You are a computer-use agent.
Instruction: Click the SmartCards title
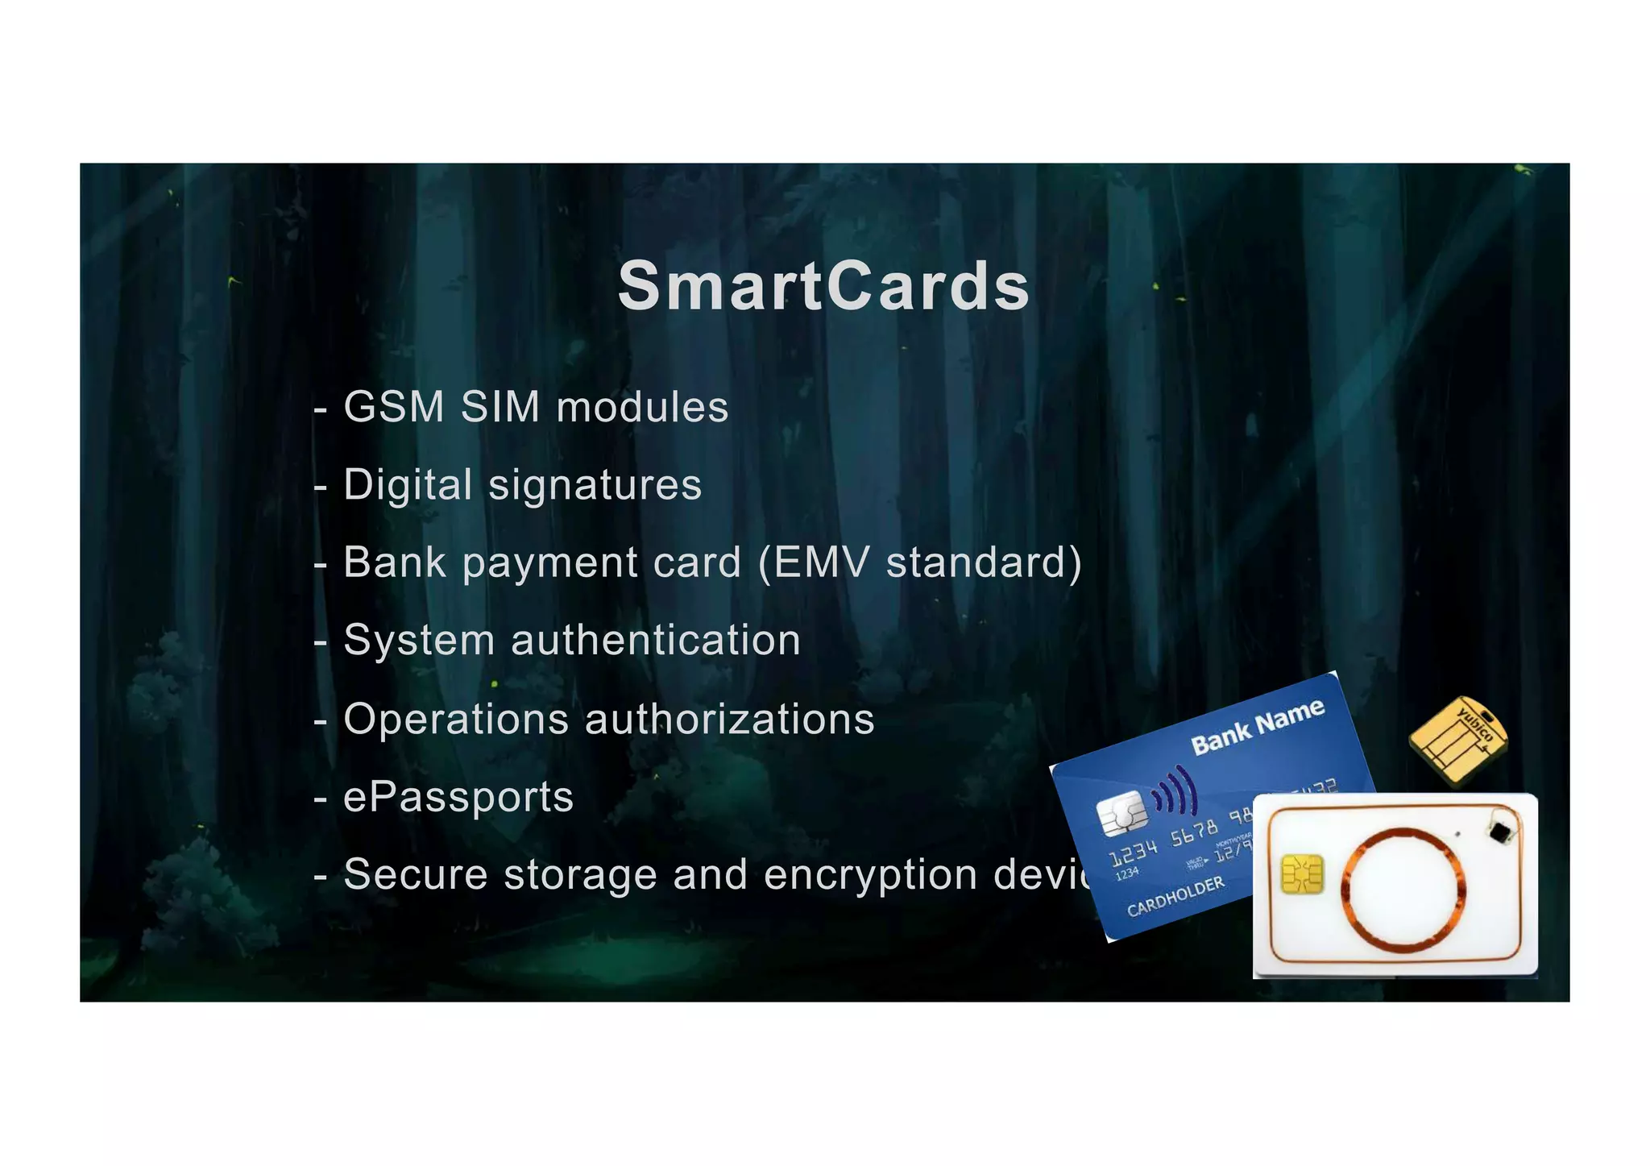[x=823, y=286]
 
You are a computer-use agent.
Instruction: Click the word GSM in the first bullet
[x=393, y=406]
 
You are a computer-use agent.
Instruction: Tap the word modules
[x=642, y=406]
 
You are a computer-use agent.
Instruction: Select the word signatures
[x=595, y=485]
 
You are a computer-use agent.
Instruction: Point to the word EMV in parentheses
[x=821, y=562]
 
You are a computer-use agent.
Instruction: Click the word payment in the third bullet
[x=550, y=563]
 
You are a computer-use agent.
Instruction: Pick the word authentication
[x=655, y=640]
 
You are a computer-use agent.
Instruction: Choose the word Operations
[x=456, y=719]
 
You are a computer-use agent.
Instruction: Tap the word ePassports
[x=458, y=797]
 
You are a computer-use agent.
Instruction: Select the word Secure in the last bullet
[x=416, y=874]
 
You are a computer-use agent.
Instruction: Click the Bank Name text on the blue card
[x=1257, y=727]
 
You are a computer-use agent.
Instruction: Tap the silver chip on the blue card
[x=1122, y=813]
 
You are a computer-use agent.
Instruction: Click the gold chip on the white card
[x=1302, y=875]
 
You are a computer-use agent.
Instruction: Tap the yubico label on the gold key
[x=1476, y=724]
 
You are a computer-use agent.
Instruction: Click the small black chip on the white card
[x=1499, y=832]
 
